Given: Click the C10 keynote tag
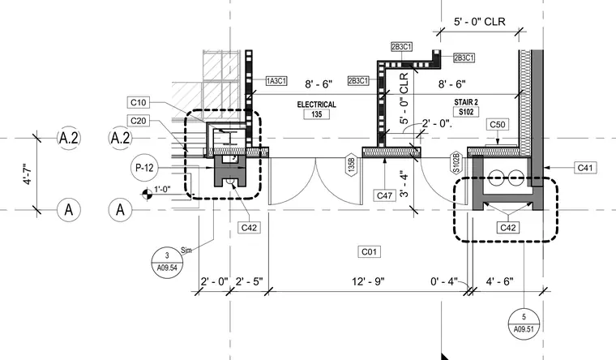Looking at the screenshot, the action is [x=138, y=103].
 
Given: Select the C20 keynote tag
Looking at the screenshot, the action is [x=138, y=121].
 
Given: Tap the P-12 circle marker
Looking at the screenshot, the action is [x=144, y=168].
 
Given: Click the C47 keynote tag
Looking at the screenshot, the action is [x=384, y=195].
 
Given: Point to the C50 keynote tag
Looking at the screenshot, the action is [x=498, y=125].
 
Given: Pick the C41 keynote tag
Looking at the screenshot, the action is [x=585, y=168].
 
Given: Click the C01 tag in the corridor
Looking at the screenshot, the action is [x=369, y=251].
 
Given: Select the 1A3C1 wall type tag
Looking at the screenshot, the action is [x=276, y=81].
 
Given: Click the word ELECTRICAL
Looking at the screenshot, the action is [x=317, y=105].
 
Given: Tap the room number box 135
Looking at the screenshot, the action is [x=317, y=114].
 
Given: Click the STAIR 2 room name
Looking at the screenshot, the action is [x=466, y=102].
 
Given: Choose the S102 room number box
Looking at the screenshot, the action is [x=466, y=112].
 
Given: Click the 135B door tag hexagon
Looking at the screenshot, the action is [x=351, y=165].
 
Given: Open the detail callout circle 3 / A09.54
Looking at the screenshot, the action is [x=167, y=262].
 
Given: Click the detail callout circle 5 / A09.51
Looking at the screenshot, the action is [x=524, y=324].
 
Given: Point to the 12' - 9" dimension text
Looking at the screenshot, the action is [x=368, y=281].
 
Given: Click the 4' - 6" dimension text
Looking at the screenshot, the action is [x=500, y=281].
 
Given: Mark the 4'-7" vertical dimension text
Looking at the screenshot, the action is [x=28, y=174].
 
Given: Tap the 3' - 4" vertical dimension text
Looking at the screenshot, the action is [x=405, y=183].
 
